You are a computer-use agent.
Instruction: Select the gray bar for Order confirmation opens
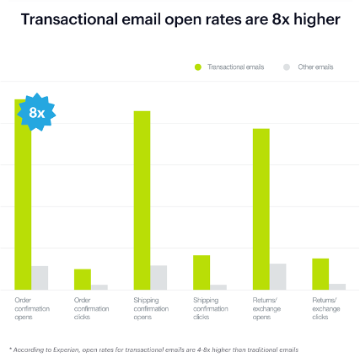pyautogui.click(x=40, y=278)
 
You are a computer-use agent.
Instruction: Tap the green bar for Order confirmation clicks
pyautogui.click(x=83, y=280)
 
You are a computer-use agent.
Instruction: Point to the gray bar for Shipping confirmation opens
pyautogui.click(x=159, y=277)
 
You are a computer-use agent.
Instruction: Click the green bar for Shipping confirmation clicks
pyautogui.click(x=201, y=272)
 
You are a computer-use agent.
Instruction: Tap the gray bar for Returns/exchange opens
pyautogui.click(x=278, y=276)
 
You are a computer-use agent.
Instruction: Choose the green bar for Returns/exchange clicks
pyautogui.click(x=320, y=274)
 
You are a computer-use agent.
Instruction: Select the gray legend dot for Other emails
pyautogui.click(x=287, y=67)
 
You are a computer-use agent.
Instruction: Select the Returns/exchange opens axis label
pyautogui.click(x=266, y=308)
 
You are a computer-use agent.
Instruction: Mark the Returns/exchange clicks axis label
pyautogui.click(x=325, y=308)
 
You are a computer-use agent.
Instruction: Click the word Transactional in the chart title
pyautogui.click(x=75, y=18)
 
